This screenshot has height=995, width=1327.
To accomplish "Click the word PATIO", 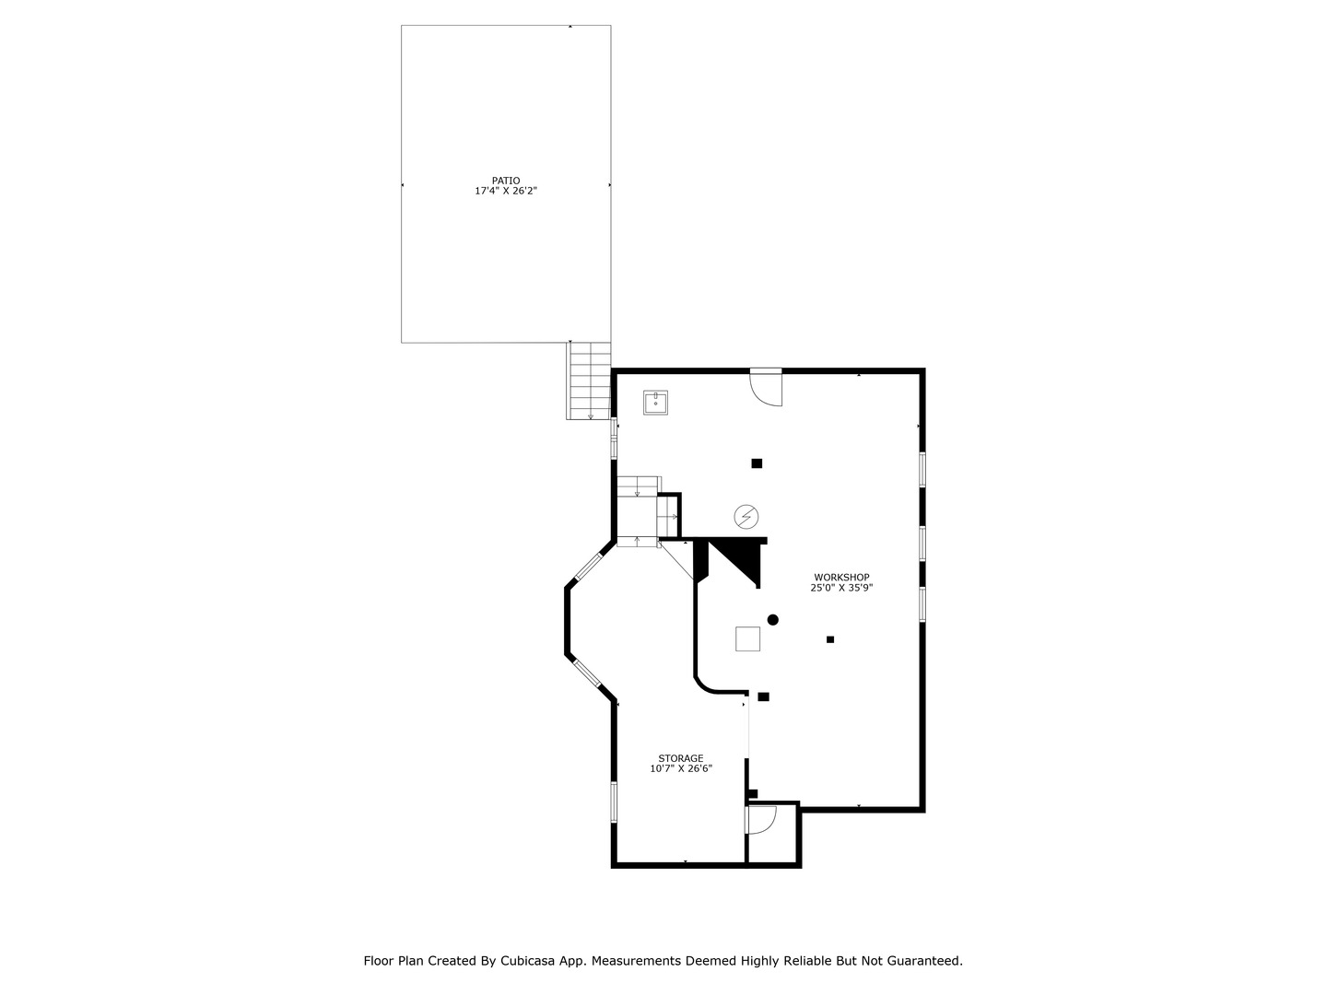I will click(x=505, y=181).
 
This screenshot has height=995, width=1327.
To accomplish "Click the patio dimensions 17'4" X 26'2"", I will click(x=505, y=192).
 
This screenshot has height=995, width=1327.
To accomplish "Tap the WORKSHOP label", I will click(x=841, y=578).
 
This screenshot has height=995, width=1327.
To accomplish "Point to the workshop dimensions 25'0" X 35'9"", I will click(x=841, y=588).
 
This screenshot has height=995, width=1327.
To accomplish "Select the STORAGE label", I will click(x=680, y=758).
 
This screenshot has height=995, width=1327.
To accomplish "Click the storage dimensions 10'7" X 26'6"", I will click(x=681, y=768).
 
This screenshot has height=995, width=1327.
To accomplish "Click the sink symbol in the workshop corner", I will click(x=655, y=403).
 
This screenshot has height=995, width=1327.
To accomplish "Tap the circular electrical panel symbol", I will click(x=746, y=517).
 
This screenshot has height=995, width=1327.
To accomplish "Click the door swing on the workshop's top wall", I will click(x=767, y=387).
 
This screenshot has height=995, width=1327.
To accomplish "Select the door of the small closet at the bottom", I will click(x=761, y=819).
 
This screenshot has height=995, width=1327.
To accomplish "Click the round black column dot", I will click(x=773, y=620).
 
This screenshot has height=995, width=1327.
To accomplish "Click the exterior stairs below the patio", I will click(x=589, y=380).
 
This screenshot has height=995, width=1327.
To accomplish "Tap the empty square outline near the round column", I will click(x=747, y=638).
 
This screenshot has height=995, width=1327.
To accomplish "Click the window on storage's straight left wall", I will click(x=614, y=801).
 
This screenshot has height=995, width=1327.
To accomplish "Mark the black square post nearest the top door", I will click(x=757, y=463).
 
